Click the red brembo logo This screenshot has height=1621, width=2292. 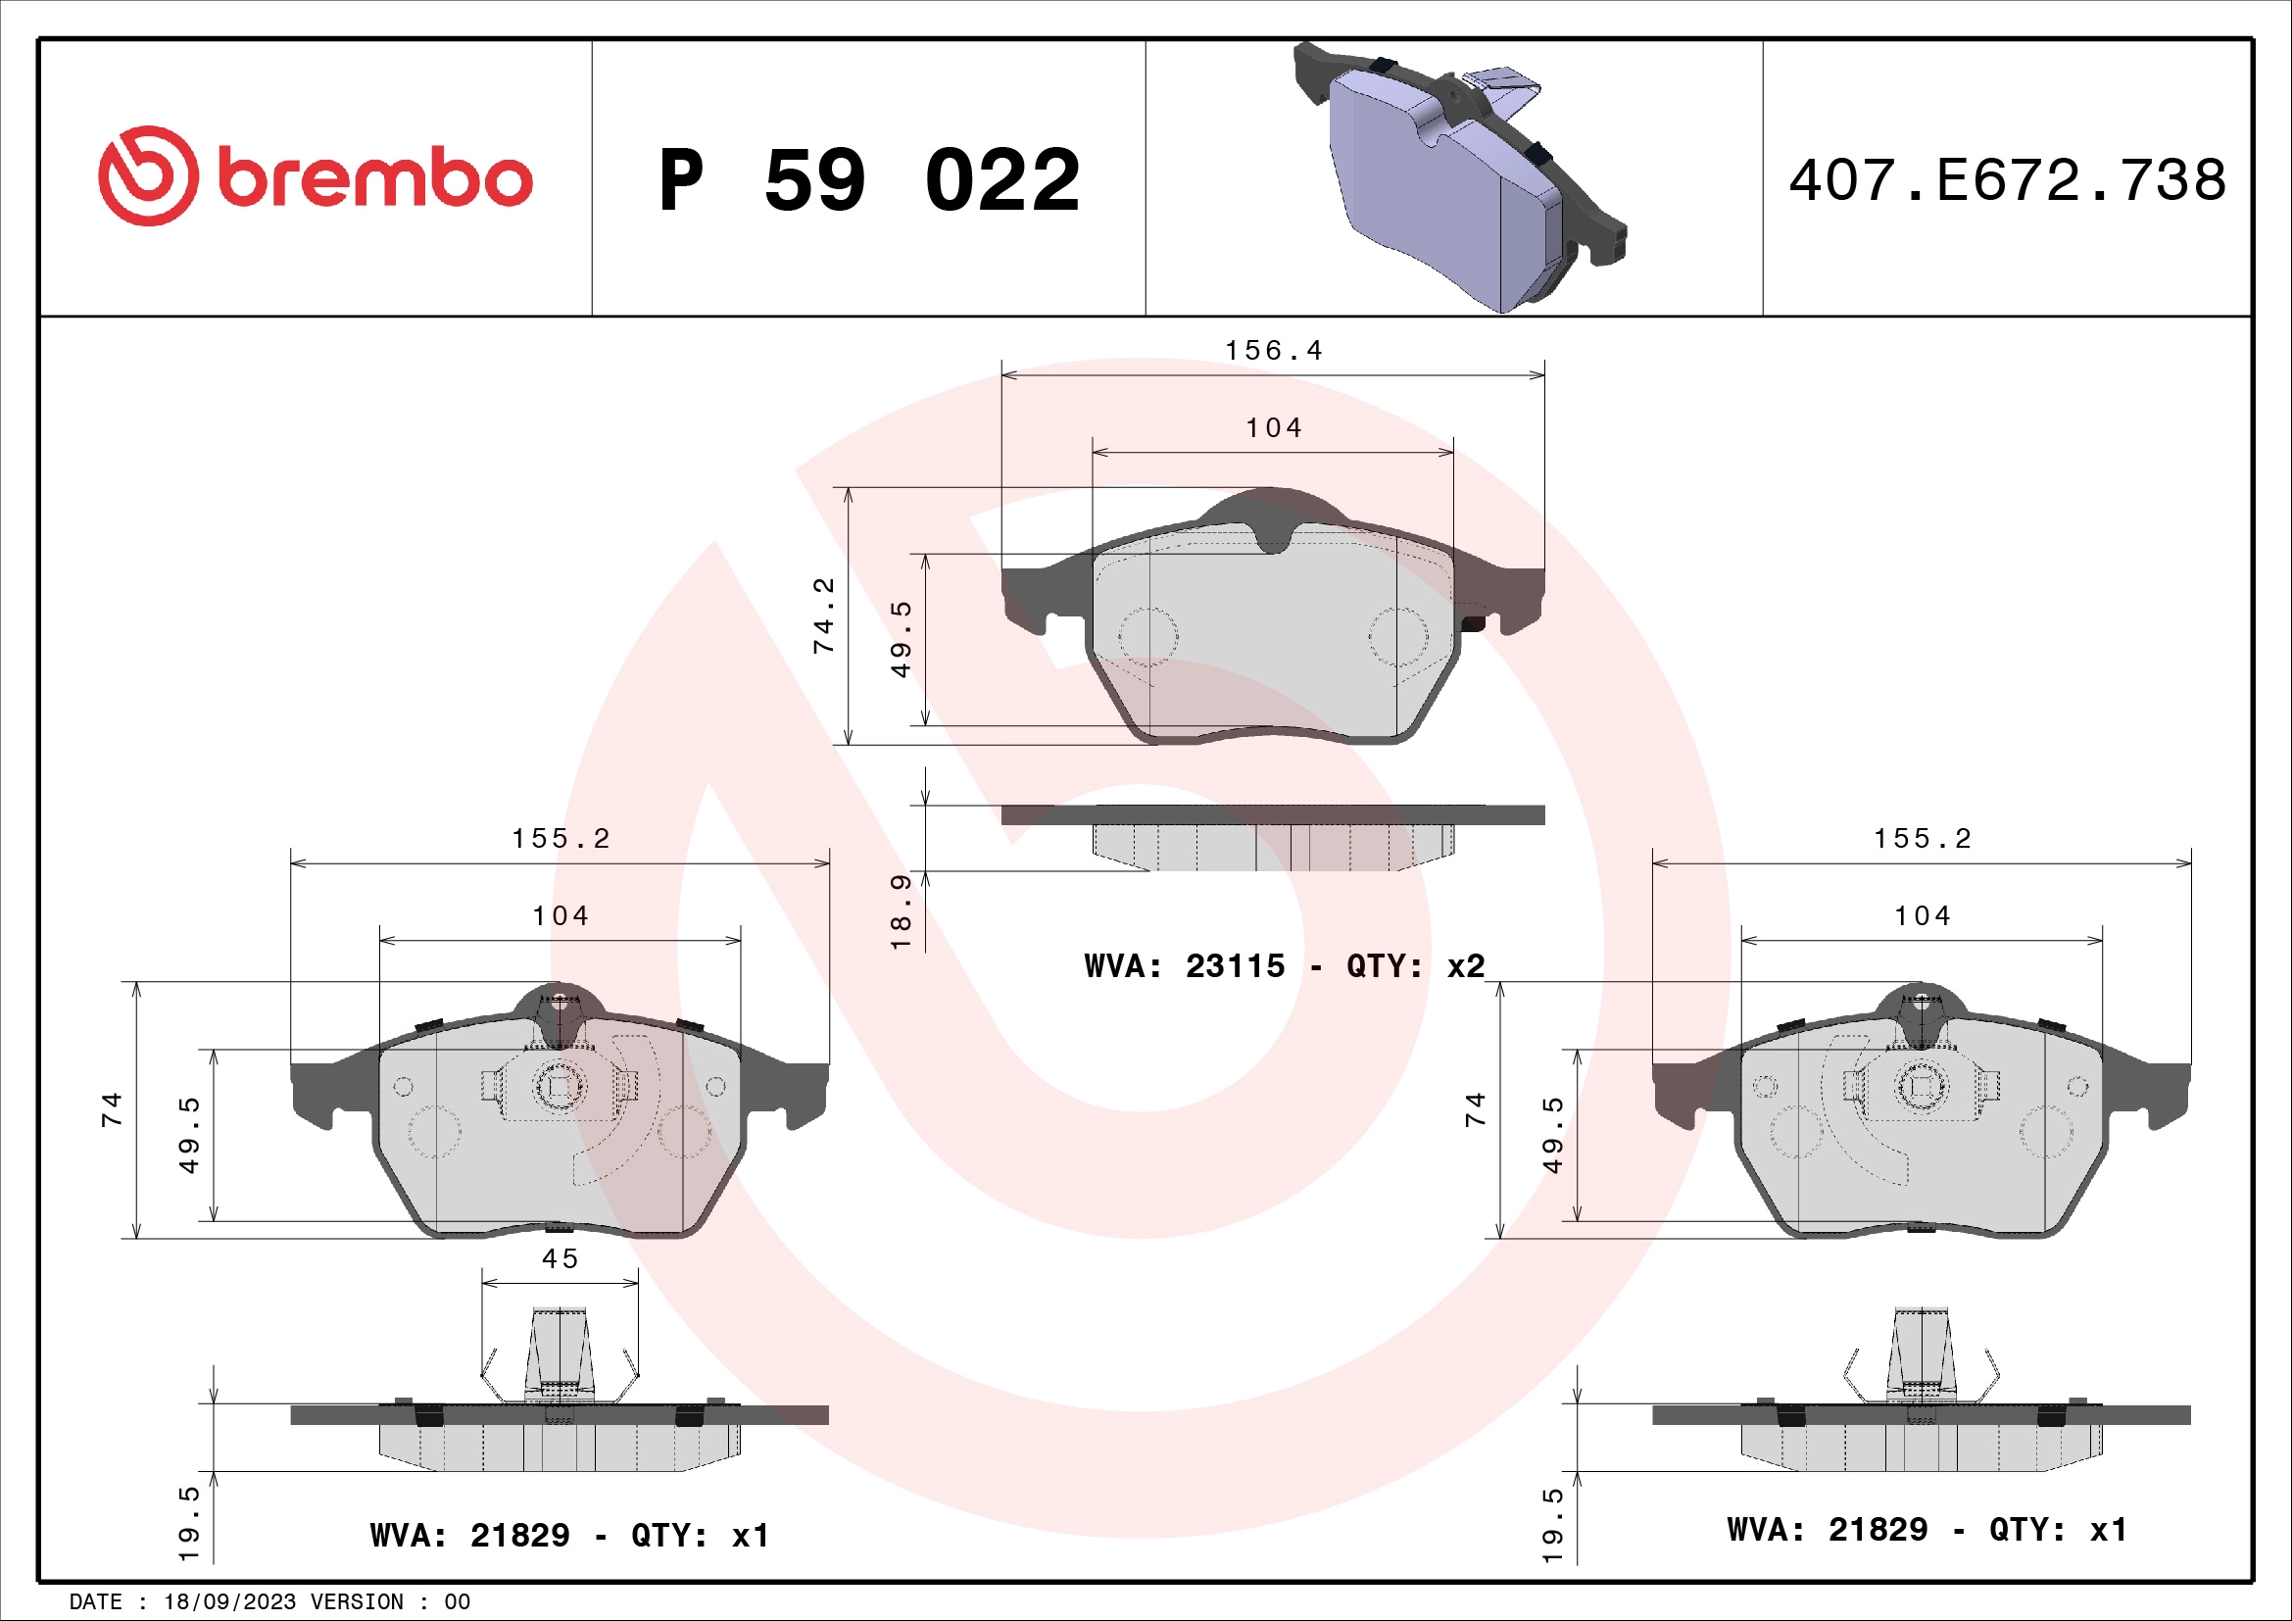coord(315,176)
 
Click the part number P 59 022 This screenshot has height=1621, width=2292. coord(868,180)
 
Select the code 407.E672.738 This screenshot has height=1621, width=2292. coord(2007,180)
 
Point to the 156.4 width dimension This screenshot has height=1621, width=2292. coord(1273,350)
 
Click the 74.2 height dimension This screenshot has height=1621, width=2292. coord(823,615)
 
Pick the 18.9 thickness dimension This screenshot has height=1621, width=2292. coord(901,910)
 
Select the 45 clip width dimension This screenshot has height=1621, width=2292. coord(561,1258)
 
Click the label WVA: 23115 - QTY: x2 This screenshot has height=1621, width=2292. coord(1284,965)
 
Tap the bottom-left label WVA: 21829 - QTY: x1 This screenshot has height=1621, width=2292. coord(569,1534)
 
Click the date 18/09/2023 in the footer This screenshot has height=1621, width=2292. coord(229,1601)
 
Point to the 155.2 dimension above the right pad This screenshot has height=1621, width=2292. coord(1922,839)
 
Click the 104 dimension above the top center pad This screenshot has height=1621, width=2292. coord(1273,428)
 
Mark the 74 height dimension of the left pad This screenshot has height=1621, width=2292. coord(111,1109)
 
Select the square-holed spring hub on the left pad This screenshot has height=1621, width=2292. coord(559,1087)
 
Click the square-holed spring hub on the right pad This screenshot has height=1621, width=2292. coord(1921,1087)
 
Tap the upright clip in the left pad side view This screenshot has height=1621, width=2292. coord(559,1352)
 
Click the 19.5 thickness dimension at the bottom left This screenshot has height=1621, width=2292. coord(189,1523)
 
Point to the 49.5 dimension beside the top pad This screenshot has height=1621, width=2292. coord(901,639)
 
